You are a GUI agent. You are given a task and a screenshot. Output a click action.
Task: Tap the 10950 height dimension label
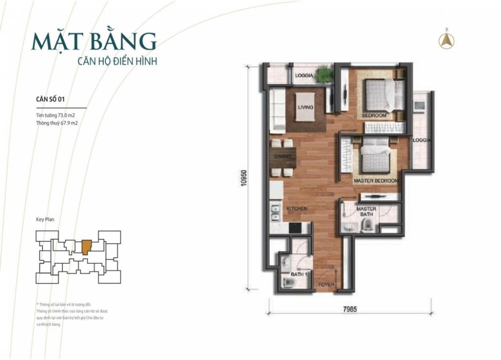[244, 178]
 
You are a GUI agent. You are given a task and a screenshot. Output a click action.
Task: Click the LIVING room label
[305, 107]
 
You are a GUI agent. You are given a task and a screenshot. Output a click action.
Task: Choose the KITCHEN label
[297, 208]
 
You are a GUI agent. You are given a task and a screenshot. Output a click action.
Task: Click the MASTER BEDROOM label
[376, 181]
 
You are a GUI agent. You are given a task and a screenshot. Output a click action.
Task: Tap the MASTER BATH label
[366, 211]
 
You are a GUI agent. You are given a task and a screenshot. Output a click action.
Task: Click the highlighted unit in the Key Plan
[86, 247]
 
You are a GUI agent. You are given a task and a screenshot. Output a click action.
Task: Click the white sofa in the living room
[277, 109]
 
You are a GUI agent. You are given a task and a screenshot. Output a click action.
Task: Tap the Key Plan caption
[45, 220]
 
